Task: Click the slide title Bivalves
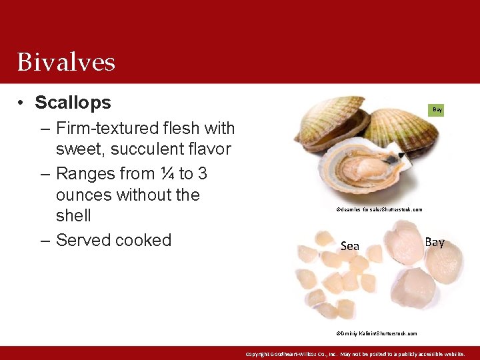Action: pyautogui.click(x=66, y=62)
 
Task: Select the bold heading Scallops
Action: pyautogui.click(x=73, y=103)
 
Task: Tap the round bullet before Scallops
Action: pyautogui.click(x=22, y=103)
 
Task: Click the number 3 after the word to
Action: pyautogui.click(x=202, y=173)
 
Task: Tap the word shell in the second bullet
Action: pyautogui.click(x=73, y=216)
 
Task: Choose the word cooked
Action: pyautogui.click(x=145, y=240)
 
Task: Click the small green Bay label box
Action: pyautogui.click(x=437, y=109)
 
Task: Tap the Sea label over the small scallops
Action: pyautogui.click(x=349, y=246)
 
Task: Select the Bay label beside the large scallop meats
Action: pyautogui.click(x=434, y=242)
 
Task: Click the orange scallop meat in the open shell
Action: pyautogui.click(x=361, y=170)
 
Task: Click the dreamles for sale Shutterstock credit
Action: pyautogui.click(x=379, y=209)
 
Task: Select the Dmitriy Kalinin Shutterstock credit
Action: pyautogui.click(x=377, y=333)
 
